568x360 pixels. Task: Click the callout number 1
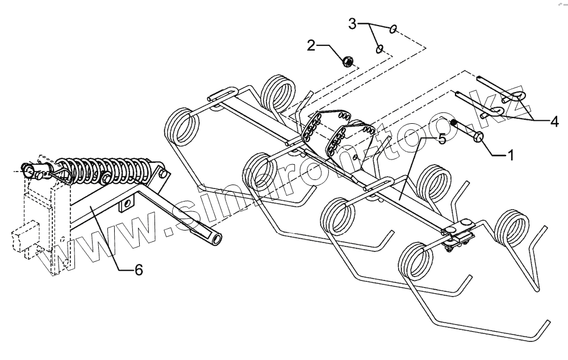point(510,154)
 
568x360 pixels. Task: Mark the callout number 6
point(138,270)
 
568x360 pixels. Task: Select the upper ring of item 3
point(393,28)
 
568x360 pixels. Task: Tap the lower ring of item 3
point(378,49)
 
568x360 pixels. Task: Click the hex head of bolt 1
point(478,136)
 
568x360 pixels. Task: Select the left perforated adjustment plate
point(311,129)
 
